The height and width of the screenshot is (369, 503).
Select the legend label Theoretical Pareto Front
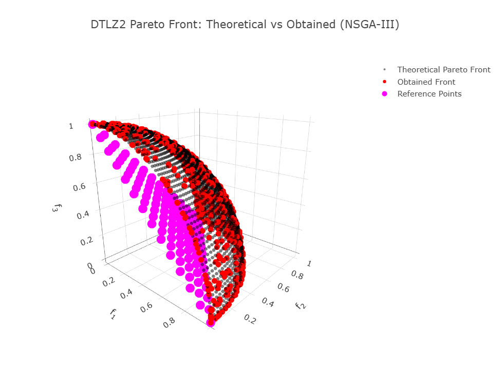click(444, 69)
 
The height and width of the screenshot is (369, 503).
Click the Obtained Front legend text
click(426, 82)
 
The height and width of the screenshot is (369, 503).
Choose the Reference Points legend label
click(429, 94)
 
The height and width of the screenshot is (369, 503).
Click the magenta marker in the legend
click(384, 94)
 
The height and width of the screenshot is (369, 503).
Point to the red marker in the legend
click(384, 82)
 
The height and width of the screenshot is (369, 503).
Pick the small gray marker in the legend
click(384, 69)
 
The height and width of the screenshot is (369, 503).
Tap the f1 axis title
click(114, 314)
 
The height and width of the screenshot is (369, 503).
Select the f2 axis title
click(301, 307)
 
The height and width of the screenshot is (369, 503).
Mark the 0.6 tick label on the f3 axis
click(79, 186)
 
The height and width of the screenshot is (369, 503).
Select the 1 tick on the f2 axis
click(309, 263)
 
